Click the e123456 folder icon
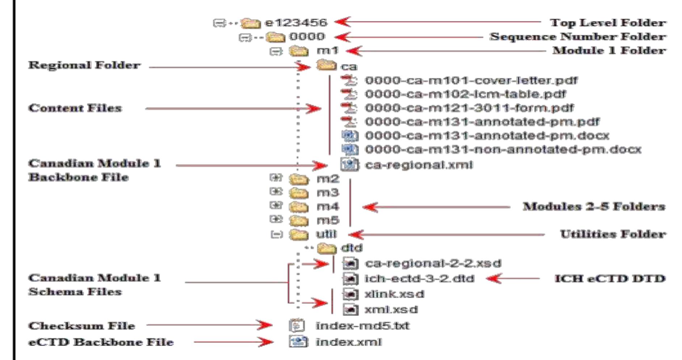(251, 23)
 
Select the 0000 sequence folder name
(307, 37)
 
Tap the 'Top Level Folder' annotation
(608, 22)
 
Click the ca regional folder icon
(326, 65)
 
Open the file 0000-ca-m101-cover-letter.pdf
(471, 80)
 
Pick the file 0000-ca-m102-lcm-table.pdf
(465, 94)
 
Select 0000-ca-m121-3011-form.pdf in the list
(469, 108)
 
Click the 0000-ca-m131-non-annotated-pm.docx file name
(503, 149)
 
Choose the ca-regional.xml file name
(418, 165)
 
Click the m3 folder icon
(299, 193)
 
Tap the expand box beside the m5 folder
(276, 219)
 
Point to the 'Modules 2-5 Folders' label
(594, 207)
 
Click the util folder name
(326, 234)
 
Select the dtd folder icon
(326, 248)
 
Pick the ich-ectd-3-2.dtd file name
(419, 279)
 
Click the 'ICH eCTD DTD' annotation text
(610, 279)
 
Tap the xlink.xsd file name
(394, 294)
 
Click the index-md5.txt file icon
(297, 326)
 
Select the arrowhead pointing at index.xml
(267, 342)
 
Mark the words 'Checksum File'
(81, 326)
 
